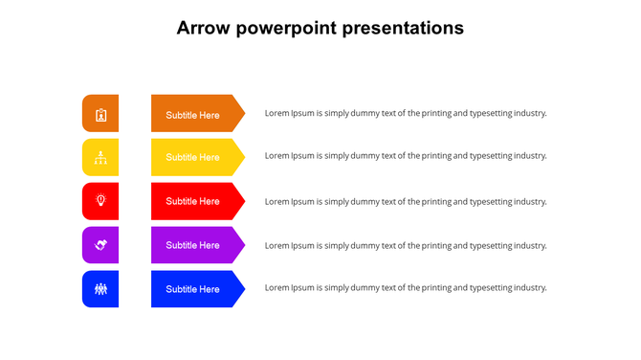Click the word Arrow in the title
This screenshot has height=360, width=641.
(x=203, y=28)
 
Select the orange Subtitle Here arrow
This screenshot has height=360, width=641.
(x=194, y=114)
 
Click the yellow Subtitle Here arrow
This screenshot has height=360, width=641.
(x=194, y=157)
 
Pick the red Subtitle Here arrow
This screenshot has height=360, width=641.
(x=194, y=201)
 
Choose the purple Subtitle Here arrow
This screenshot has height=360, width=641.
(x=194, y=245)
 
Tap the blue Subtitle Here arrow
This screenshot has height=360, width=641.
(x=194, y=289)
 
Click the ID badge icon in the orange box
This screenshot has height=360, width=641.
(x=100, y=115)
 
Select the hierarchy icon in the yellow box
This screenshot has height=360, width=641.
(x=100, y=157)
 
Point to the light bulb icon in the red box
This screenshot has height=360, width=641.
(x=100, y=200)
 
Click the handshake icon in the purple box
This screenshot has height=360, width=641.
(x=100, y=245)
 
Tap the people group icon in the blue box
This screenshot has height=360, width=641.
(x=100, y=288)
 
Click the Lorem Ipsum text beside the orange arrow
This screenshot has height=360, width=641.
(x=406, y=113)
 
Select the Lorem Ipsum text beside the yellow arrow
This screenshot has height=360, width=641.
(x=406, y=155)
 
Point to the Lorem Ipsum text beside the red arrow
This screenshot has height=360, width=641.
(x=406, y=201)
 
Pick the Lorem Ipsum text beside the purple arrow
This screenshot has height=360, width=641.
(x=406, y=245)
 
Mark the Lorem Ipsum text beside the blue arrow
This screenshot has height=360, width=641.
(x=406, y=287)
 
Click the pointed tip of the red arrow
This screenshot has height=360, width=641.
(x=242, y=201)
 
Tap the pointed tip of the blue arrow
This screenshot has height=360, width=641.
(x=242, y=289)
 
